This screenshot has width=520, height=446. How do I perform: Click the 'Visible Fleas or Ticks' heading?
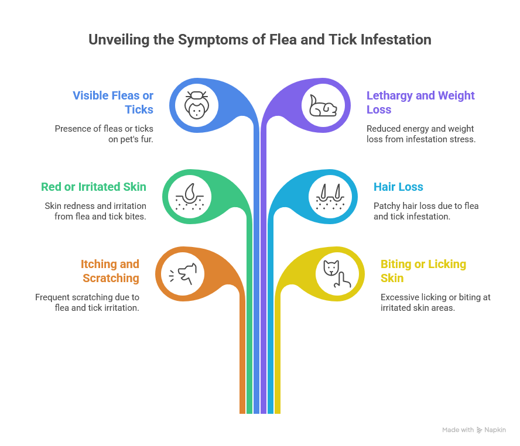tap(113, 102)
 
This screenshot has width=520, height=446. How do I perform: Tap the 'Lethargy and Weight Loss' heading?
tap(420, 102)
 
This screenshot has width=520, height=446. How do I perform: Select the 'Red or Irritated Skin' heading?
tap(93, 187)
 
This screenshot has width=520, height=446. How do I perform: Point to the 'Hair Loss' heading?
tap(398, 187)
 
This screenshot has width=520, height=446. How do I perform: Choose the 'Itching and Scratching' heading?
tap(110, 271)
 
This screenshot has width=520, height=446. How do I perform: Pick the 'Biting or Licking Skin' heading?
tap(423, 271)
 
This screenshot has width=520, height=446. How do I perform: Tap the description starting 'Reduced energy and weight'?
tap(420, 134)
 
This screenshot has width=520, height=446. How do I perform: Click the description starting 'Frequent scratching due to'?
tap(87, 302)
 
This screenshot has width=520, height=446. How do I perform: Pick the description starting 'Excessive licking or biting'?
tap(436, 302)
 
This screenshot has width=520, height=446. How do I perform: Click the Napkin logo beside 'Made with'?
tap(480, 430)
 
